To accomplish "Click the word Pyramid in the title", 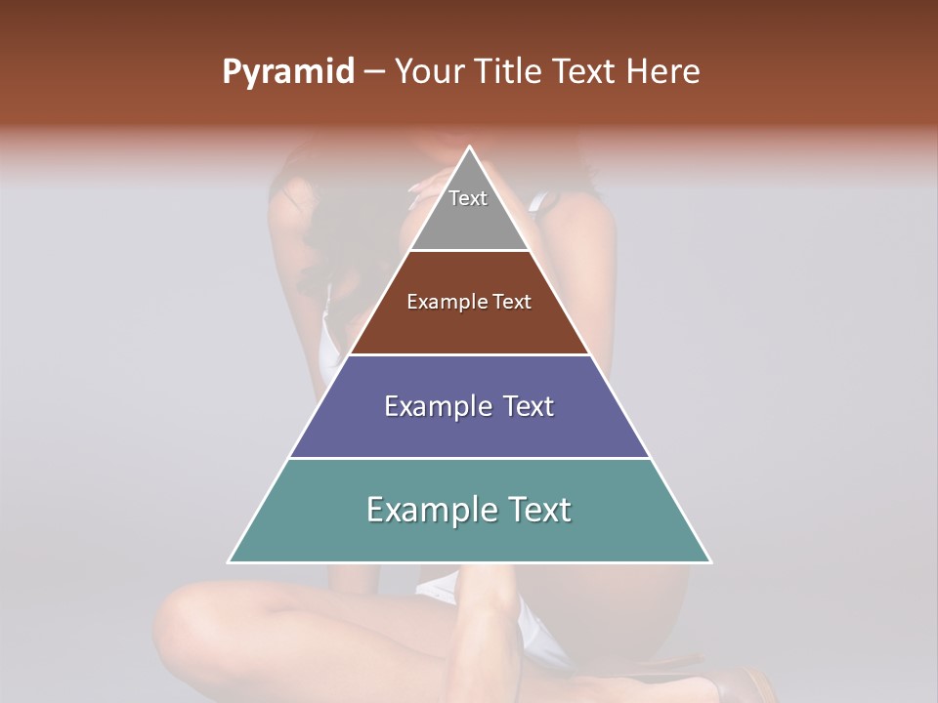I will [x=287, y=72].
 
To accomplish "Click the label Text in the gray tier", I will [x=468, y=198].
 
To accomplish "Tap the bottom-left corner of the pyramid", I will [x=229, y=561].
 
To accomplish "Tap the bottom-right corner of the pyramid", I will [x=710, y=561].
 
